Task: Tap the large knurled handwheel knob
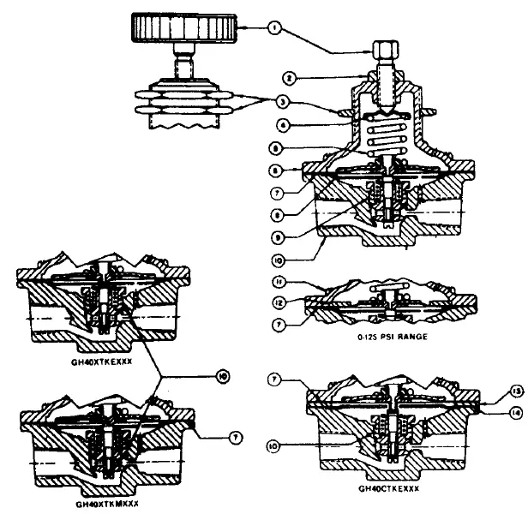coord(183,31)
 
